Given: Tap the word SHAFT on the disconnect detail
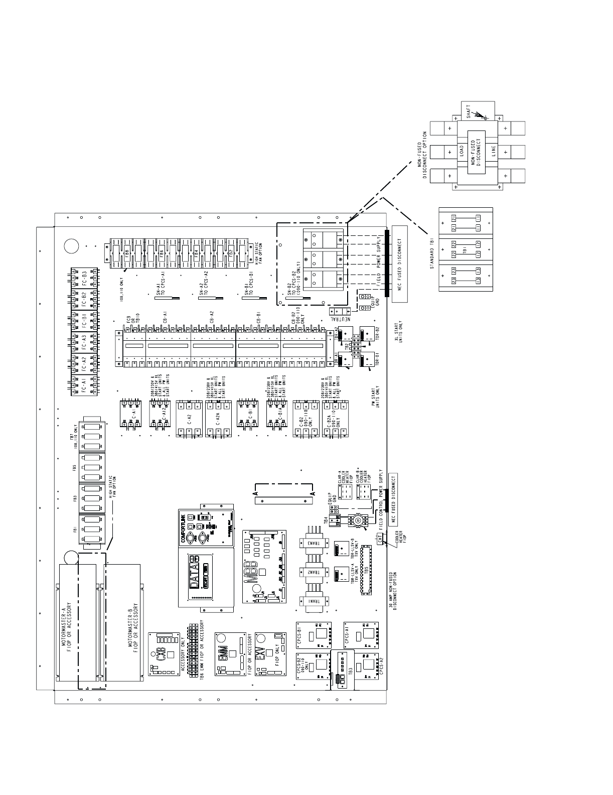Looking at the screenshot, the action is pos(468,112).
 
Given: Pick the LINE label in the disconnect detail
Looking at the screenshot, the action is pos(494,151).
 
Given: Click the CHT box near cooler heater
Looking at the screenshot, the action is pos(380,539).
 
